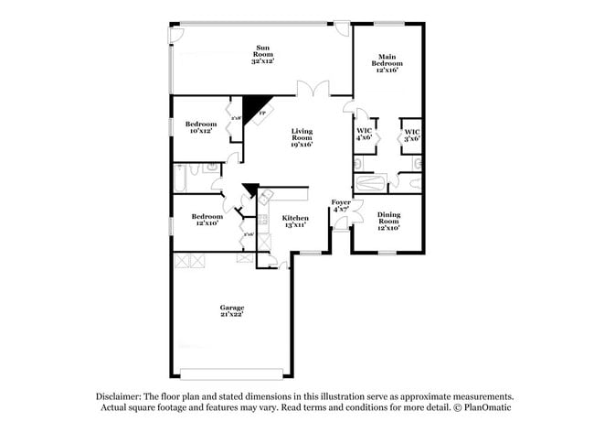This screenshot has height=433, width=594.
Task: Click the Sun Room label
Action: click(x=262, y=54)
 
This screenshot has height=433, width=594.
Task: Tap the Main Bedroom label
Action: click(x=387, y=63)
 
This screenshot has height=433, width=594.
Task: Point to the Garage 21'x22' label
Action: click(x=231, y=310)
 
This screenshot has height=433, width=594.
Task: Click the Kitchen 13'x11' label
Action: click(x=294, y=222)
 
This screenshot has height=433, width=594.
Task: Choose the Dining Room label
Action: click(x=388, y=221)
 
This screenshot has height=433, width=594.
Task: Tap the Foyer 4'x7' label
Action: click(x=341, y=206)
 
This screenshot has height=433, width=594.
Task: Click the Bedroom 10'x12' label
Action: click(x=200, y=127)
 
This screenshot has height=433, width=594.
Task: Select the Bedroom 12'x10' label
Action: click(x=207, y=221)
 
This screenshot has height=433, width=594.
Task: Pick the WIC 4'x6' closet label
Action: click(x=364, y=135)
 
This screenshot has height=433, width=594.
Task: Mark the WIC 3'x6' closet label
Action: click(x=412, y=135)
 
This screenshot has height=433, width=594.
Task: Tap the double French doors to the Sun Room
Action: click(x=313, y=90)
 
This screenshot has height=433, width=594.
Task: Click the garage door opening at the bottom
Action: click(x=236, y=373)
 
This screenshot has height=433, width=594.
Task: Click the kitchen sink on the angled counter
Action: click(x=266, y=198)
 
